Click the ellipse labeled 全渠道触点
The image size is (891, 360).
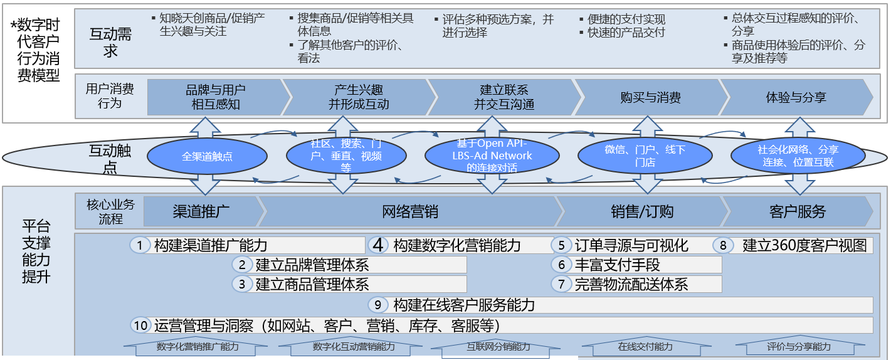click(x=207, y=156)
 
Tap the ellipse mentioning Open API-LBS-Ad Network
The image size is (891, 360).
click(x=492, y=156)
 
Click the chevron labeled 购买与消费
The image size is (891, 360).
click(x=650, y=97)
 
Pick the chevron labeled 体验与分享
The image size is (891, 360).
click(x=796, y=97)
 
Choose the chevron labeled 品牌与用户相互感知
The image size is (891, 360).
click(x=215, y=97)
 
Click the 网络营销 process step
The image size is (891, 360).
click(x=409, y=211)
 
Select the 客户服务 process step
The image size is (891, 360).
click(x=797, y=211)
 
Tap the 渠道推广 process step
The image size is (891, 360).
click(x=201, y=211)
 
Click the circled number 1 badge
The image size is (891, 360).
click(x=140, y=245)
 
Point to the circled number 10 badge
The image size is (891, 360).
click(x=142, y=325)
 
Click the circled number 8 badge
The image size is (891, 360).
click(x=722, y=245)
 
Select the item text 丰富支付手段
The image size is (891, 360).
click(x=617, y=265)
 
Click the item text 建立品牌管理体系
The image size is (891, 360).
click(x=312, y=265)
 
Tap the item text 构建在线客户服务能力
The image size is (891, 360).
click(x=464, y=305)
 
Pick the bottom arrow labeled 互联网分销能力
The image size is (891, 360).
click(x=498, y=347)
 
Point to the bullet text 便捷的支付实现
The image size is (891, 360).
click(x=626, y=19)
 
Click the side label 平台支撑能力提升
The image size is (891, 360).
click(x=36, y=251)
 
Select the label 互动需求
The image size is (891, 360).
click(x=110, y=42)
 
